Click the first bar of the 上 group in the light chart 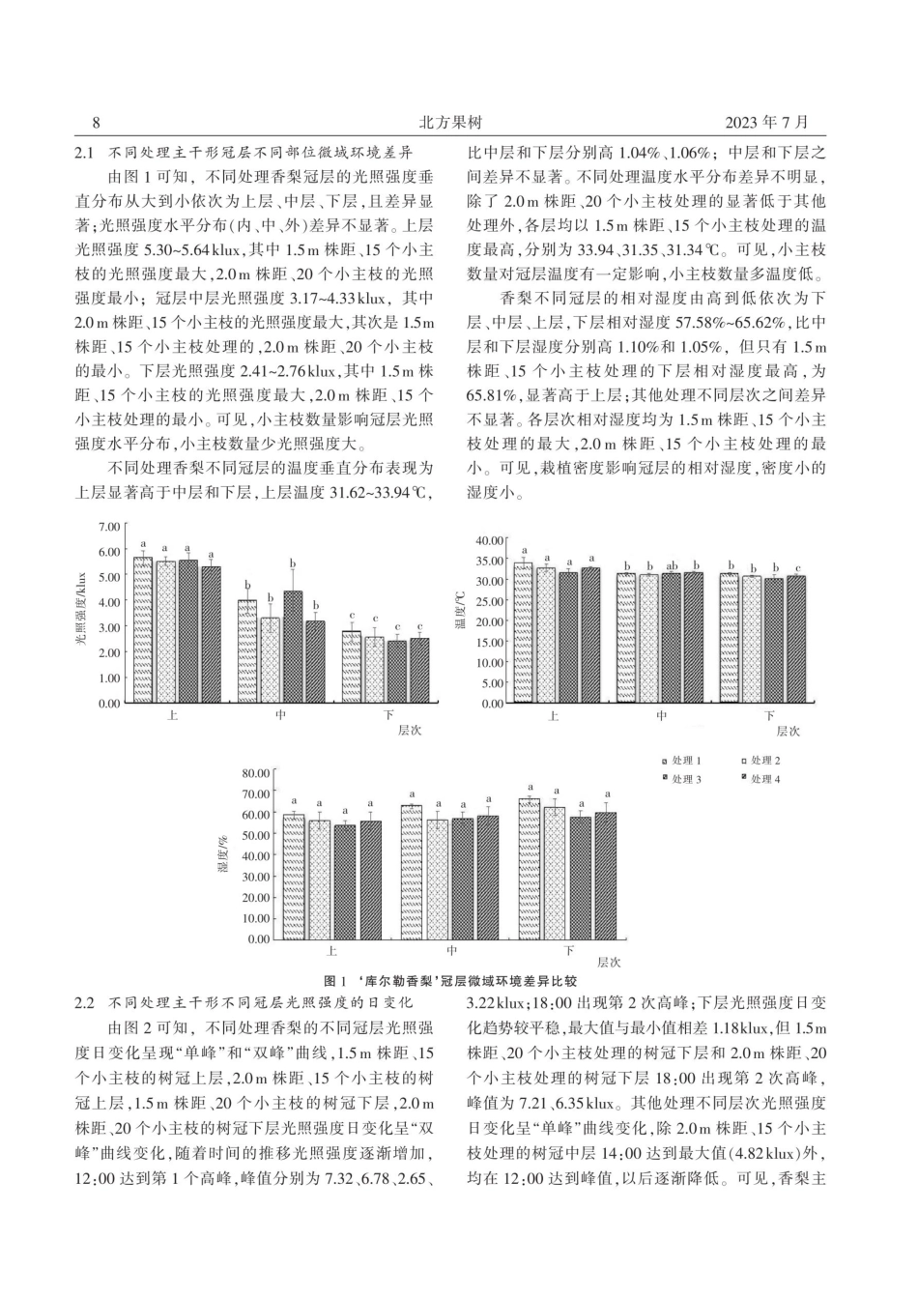(x=142, y=629)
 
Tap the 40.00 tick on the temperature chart (x=493, y=539)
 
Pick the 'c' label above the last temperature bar (x=797, y=568)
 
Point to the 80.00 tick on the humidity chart (x=255, y=772)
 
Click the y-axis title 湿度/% (x=223, y=856)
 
